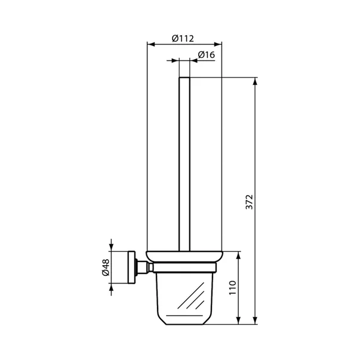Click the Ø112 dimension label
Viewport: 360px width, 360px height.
pyautogui.click(x=183, y=38)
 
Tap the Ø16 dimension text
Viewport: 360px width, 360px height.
pyautogui.click(x=206, y=55)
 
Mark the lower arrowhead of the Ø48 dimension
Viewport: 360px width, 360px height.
pyautogui.click(x=112, y=286)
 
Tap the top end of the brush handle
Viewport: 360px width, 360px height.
pyautogui.click(x=184, y=78)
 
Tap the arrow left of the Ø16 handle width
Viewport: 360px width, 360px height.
pyautogui.click(x=175, y=61)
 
